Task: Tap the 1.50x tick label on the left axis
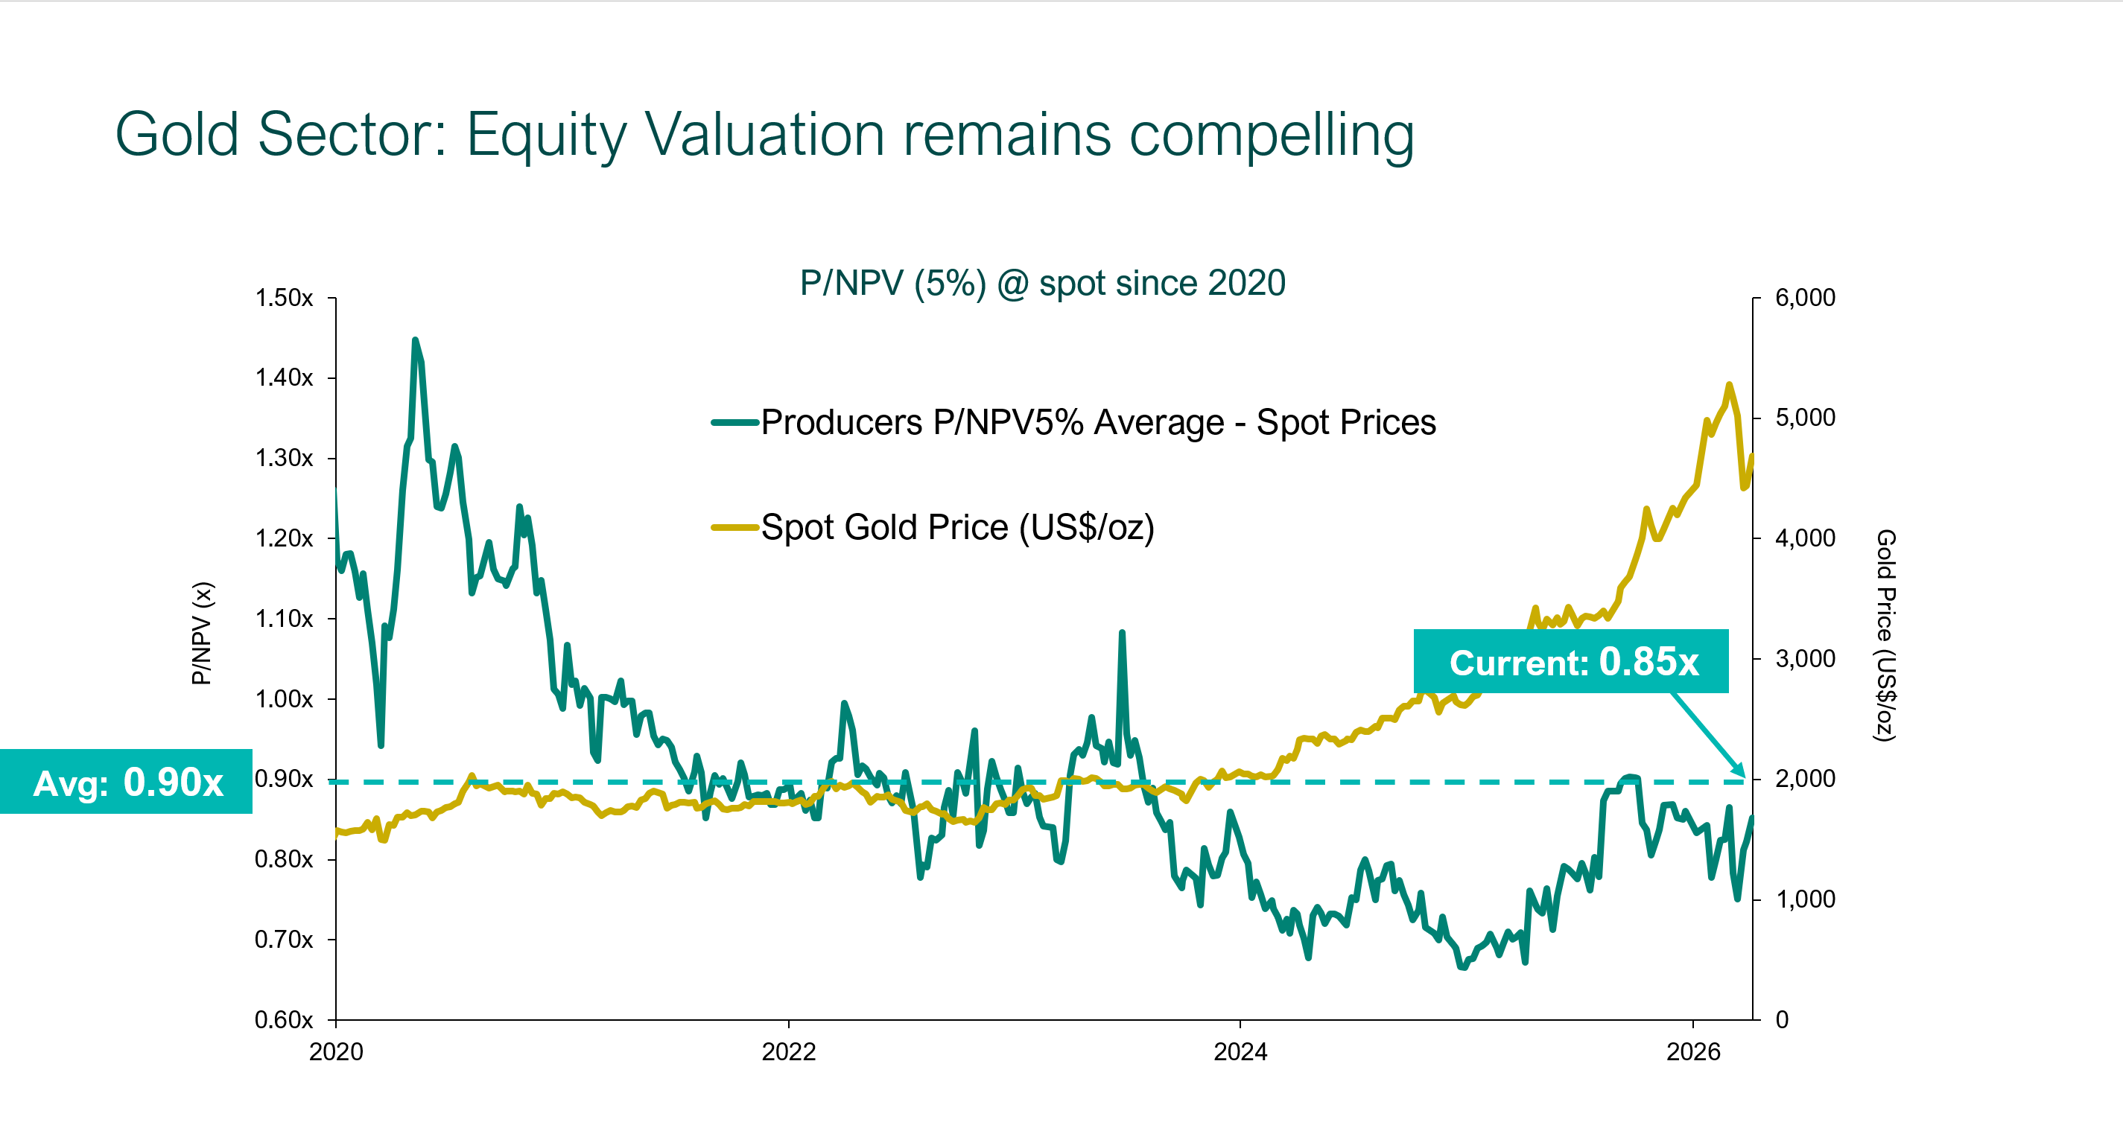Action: point(284,297)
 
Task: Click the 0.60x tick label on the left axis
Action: point(284,1019)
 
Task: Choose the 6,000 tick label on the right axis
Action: point(1805,297)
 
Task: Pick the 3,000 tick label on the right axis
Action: point(1805,658)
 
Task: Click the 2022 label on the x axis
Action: point(788,1051)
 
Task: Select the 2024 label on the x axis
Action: point(1240,1051)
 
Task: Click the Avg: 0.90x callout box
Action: point(127,781)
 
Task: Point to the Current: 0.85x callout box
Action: point(1571,662)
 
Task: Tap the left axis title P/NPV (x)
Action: point(202,633)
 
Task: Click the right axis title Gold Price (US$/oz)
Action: point(1885,634)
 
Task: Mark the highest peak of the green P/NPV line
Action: point(415,340)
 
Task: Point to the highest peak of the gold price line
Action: point(1729,385)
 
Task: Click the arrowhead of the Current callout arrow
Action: point(1742,773)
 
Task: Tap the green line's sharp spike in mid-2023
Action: point(1122,633)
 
